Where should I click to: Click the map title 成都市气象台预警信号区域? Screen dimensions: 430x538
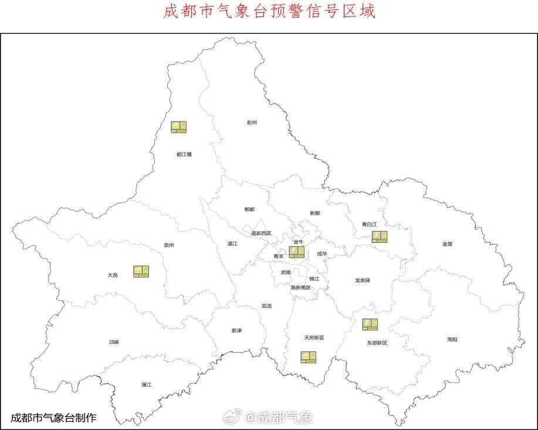click(269, 12)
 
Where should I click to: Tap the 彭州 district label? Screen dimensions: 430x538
click(252, 123)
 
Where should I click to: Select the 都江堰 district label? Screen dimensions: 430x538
click(184, 154)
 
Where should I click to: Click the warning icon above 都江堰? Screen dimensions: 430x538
click(179, 127)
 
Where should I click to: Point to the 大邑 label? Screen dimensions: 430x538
click(113, 275)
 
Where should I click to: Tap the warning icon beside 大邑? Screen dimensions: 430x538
click(141, 271)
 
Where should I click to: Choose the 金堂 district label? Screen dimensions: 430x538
click(448, 243)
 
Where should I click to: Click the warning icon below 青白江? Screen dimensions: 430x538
click(380, 237)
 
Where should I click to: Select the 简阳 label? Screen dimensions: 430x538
click(452, 339)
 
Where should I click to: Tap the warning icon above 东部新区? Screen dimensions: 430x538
click(370, 324)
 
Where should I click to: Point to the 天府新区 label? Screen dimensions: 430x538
click(314, 338)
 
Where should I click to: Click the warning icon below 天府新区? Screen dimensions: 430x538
click(308, 357)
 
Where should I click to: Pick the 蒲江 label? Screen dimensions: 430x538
click(146, 385)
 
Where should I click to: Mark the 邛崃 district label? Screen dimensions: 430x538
click(114, 342)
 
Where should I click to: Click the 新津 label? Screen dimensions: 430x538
click(236, 331)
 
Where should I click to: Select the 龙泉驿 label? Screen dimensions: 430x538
click(363, 280)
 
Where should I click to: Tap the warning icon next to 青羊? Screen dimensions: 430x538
click(297, 252)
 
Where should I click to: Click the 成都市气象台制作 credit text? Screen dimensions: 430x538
click(53, 418)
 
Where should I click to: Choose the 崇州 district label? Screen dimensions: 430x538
click(168, 245)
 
